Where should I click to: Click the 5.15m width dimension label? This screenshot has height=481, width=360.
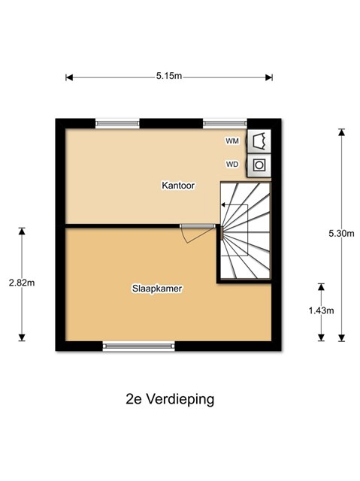pos(169,76)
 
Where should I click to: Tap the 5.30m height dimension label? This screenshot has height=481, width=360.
pos(341,234)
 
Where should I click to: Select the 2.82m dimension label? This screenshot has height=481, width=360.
pos(22,283)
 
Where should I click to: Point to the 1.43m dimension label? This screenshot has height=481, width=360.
pos(321,310)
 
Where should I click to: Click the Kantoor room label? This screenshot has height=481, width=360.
pos(178,186)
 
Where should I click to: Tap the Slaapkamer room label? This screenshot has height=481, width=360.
pos(157,289)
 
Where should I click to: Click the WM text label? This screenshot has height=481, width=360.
pos(232,141)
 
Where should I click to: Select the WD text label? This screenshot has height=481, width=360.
pos(232,165)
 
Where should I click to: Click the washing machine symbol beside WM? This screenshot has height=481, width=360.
pos(259,141)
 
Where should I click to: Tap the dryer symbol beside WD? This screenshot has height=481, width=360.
pos(259,165)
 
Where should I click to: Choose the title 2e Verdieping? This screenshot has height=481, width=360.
pos(170,399)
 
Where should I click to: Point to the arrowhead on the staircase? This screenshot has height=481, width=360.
pos(223,204)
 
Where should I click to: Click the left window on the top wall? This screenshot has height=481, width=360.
pos(117,123)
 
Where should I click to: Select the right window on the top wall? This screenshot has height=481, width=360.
pos(225,123)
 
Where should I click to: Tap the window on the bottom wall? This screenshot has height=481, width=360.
pos(138,346)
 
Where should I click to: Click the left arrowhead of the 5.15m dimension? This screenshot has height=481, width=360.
pos(69,77)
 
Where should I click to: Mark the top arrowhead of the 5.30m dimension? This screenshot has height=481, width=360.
pos(341,132)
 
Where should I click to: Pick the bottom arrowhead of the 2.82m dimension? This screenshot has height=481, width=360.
pos(22,337)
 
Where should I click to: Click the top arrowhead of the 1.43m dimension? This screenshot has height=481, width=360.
pos(321,287)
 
